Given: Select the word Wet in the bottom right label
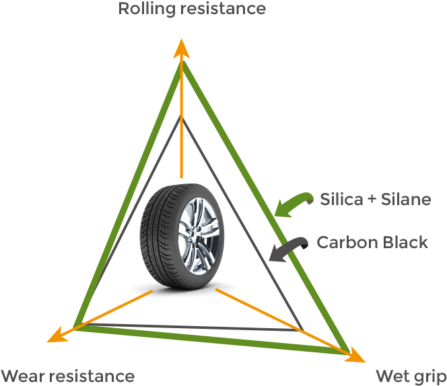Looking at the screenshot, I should pyautogui.click(x=391, y=375).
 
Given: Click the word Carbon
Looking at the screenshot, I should pyautogui.click(x=344, y=242).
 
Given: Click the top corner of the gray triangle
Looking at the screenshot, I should pyautogui.click(x=180, y=117).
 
